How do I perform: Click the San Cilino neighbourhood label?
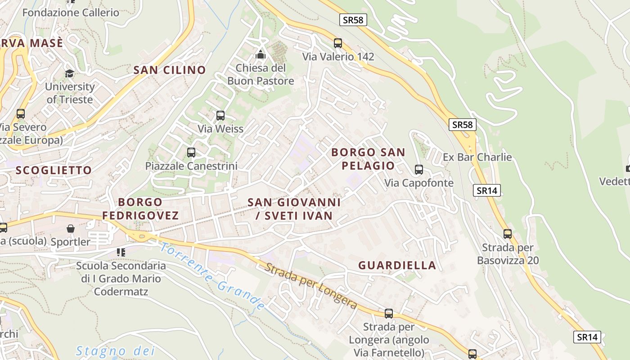coord(170,70)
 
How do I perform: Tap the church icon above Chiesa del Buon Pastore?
coord(261,55)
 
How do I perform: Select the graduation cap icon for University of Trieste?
coord(69,73)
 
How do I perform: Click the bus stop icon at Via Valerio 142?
coord(338,43)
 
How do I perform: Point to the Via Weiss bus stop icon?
coord(220,116)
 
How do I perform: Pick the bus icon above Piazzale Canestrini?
coord(191,153)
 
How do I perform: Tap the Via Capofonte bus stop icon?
coord(419,170)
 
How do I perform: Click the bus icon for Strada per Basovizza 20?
coord(508,234)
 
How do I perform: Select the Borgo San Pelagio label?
coord(368,159)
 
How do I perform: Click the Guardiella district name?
coord(397,265)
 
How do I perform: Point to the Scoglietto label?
coord(54,170)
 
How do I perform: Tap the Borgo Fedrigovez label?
coord(140,208)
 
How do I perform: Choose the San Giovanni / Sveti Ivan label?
coord(294,209)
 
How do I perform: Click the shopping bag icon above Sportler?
coord(71,229)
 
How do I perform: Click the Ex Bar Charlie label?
coord(477,157)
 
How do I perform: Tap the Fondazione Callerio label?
coord(71,13)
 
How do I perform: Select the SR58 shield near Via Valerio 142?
coord(353,20)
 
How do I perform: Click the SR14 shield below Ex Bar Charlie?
coord(487,190)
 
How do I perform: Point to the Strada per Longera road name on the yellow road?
coord(310,286)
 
